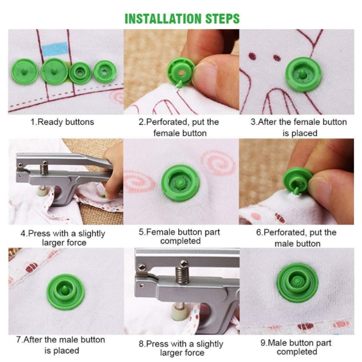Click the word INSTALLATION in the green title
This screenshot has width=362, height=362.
click(163, 19)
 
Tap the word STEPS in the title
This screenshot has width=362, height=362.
click(223, 19)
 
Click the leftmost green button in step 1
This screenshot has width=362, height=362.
click(25, 71)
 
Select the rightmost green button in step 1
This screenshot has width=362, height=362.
click(105, 71)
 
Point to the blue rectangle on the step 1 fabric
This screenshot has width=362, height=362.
click(55, 49)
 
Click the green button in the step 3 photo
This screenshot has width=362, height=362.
click(303, 74)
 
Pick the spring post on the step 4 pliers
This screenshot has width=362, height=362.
click(44, 168)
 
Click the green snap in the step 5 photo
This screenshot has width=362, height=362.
click(180, 183)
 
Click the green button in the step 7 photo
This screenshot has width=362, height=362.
click(65, 291)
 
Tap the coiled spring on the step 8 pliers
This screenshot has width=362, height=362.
click(182, 275)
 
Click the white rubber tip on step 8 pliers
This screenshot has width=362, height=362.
click(178, 312)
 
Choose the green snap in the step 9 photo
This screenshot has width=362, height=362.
click(298, 282)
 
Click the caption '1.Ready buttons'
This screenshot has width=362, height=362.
click(62, 122)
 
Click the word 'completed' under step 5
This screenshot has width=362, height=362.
click(181, 241)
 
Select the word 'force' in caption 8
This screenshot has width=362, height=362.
click(193, 353)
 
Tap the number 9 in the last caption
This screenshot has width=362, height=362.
click(263, 343)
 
